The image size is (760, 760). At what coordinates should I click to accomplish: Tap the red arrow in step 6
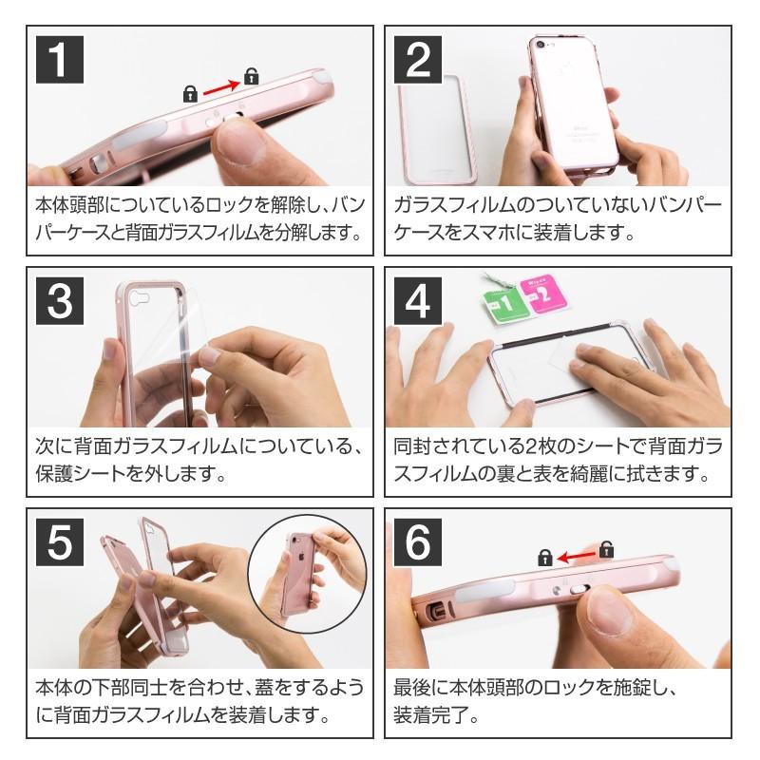572,556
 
